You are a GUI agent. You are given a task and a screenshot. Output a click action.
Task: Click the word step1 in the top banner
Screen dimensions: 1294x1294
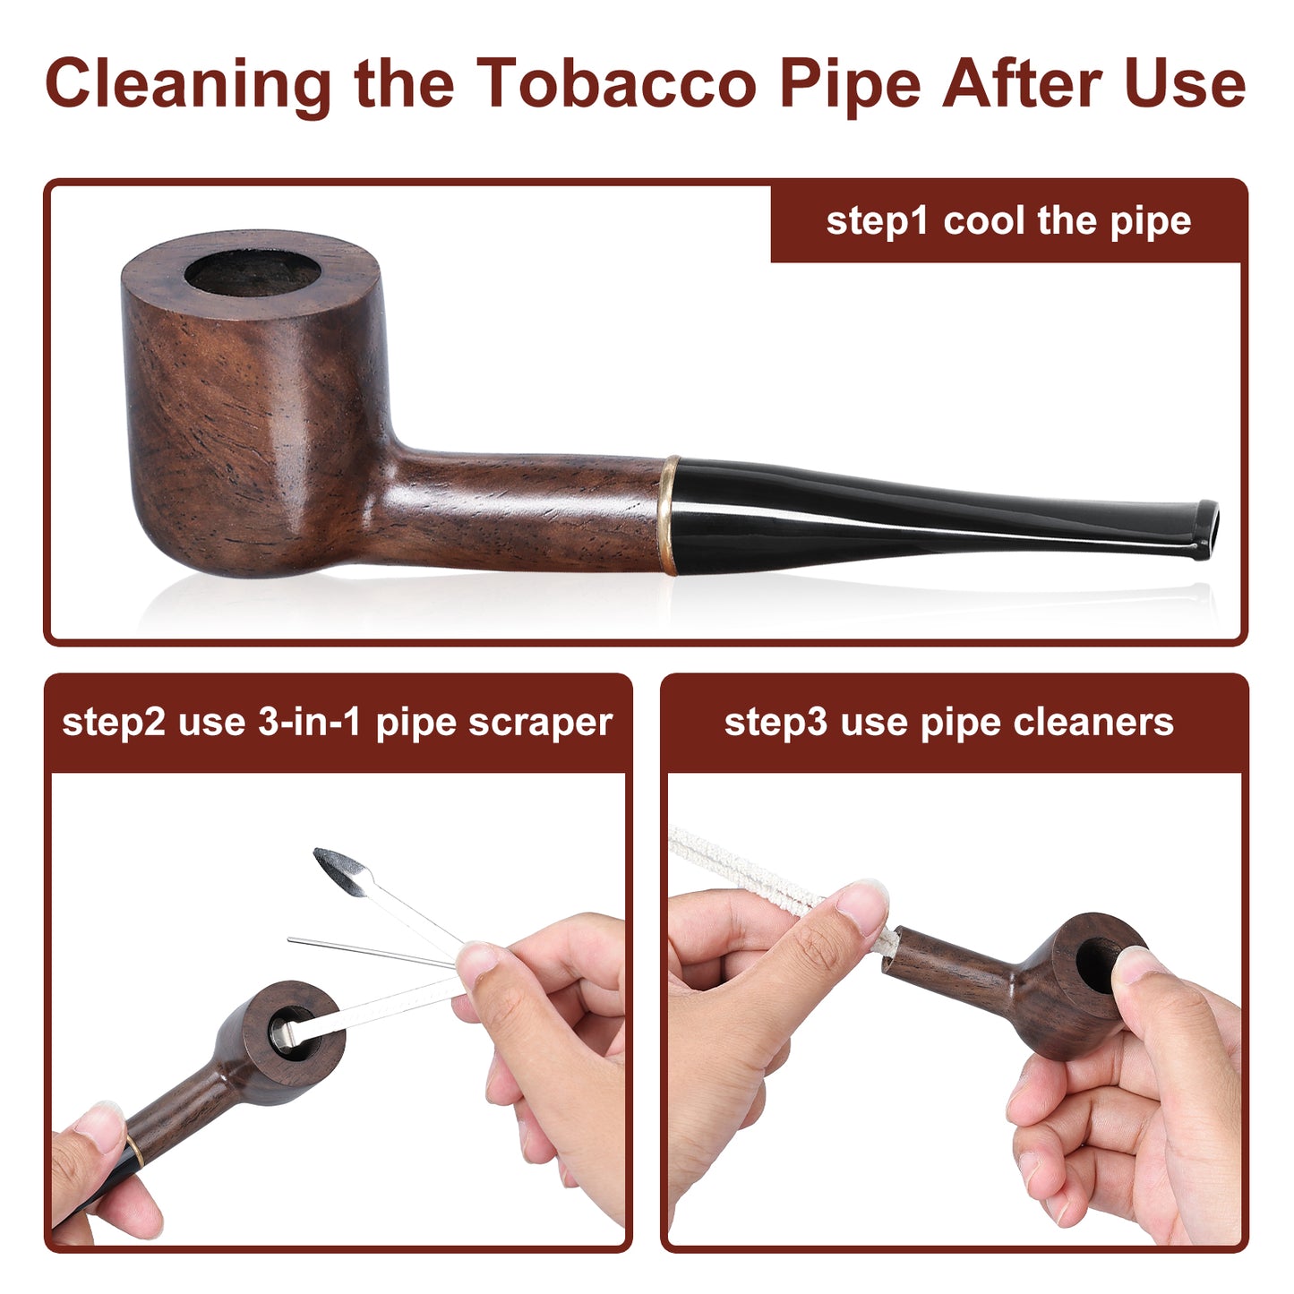877,221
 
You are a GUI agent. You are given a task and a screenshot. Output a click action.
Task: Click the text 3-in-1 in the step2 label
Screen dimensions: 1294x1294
309,723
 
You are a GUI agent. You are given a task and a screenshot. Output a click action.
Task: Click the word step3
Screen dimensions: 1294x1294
776,724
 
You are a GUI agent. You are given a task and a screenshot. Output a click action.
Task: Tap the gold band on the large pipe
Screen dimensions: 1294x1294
667,515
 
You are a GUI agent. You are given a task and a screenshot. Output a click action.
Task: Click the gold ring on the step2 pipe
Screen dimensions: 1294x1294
135,1151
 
